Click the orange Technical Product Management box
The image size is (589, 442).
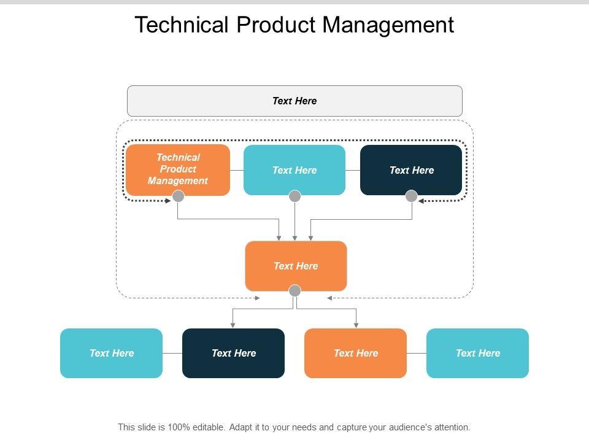[178, 170]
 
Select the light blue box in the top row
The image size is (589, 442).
[294, 170]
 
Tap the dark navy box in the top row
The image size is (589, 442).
[411, 170]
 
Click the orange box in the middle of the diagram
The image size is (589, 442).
[296, 266]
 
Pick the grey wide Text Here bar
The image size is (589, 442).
[295, 101]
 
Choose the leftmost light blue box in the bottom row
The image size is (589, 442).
[111, 354]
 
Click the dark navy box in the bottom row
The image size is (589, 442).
[233, 354]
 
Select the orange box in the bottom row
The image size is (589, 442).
[355, 354]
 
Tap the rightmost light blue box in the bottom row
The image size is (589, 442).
[477, 354]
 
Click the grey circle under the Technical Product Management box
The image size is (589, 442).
[178, 196]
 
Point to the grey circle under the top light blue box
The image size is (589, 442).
[295, 196]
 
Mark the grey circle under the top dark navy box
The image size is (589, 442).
[412, 196]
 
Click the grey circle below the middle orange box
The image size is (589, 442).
[295, 290]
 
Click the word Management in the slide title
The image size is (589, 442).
[388, 25]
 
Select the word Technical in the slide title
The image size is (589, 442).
[182, 25]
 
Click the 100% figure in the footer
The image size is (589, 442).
[179, 427]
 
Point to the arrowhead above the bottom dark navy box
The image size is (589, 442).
[233, 325]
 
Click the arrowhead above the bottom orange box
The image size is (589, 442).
[356, 325]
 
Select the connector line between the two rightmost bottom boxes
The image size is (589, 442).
[417, 354]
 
